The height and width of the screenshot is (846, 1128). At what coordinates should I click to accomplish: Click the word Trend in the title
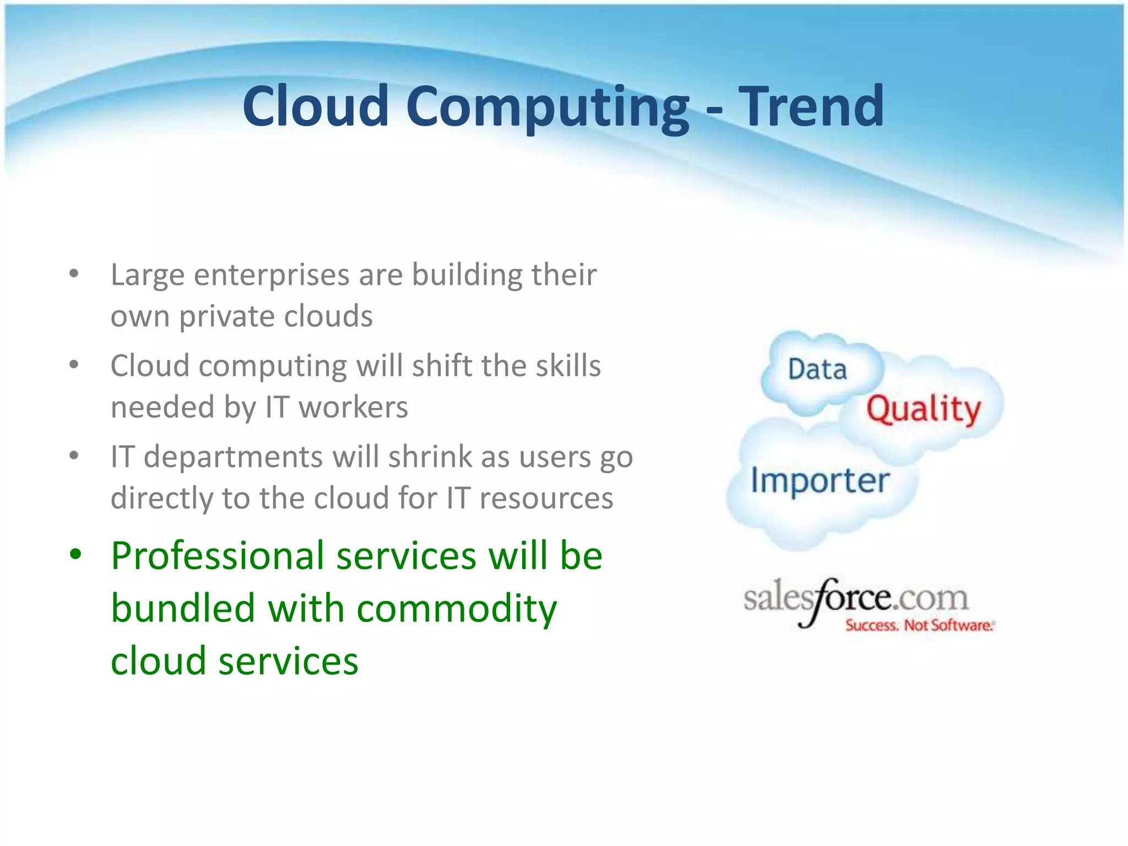pos(811,106)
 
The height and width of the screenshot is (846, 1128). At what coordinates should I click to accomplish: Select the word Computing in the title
pos(547,108)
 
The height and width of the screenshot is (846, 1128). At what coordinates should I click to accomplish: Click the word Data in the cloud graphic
pos(817,370)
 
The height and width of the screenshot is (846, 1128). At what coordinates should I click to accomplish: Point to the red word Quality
pos(924,410)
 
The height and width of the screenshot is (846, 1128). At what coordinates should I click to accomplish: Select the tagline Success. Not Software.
pos(919,626)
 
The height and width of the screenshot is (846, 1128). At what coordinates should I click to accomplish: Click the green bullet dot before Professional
pos(75,554)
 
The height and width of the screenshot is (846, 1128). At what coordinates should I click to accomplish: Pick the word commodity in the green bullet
pos(457,609)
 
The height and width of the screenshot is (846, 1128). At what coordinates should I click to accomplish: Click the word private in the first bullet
pos(226,316)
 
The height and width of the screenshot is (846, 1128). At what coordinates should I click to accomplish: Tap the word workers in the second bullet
pos(353,407)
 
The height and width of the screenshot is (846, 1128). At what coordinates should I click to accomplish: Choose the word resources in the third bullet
pos(546,498)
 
